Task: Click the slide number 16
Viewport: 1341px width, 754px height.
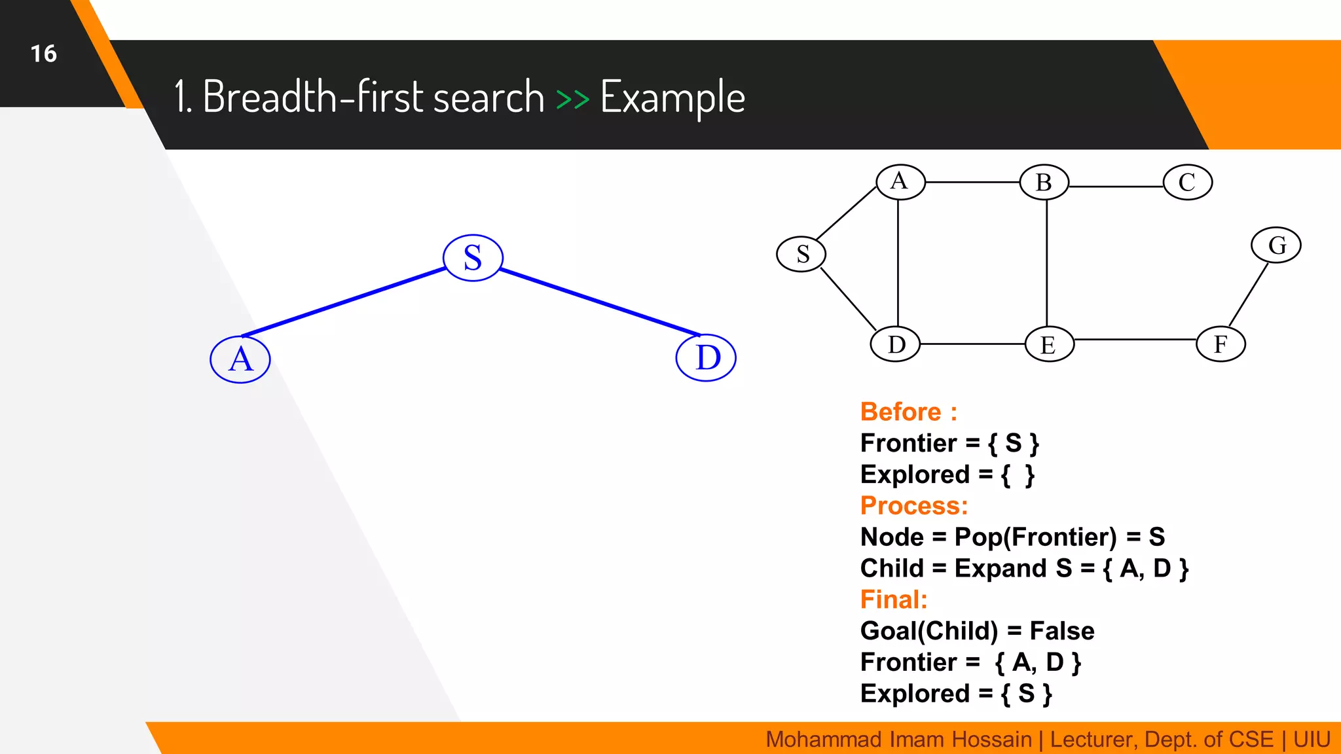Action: (x=43, y=54)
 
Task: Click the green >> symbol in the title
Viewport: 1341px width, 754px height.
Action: (x=572, y=99)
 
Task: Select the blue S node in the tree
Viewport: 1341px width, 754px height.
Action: (x=473, y=257)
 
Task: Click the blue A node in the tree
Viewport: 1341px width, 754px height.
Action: (x=240, y=359)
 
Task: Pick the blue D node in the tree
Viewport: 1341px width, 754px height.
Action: (x=706, y=358)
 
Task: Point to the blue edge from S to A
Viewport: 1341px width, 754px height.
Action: (x=344, y=302)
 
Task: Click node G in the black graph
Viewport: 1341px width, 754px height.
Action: (x=1276, y=245)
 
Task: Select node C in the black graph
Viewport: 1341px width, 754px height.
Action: (x=1187, y=182)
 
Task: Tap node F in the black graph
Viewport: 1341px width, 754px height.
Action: (x=1221, y=344)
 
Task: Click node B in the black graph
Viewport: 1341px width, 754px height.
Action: (x=1044, y=182)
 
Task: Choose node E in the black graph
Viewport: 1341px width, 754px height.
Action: (x=1049, y=344)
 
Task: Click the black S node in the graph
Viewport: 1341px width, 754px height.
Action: (x=801, y=254)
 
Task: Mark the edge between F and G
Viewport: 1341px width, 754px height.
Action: (x=1248, y=295)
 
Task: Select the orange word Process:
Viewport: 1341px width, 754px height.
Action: (x=913, y=505)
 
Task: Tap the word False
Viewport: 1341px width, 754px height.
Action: (x=1061, y=631)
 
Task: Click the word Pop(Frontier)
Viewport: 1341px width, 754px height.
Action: (x=1035, y=537)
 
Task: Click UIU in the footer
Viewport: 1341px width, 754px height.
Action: (x=1311, y=740)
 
